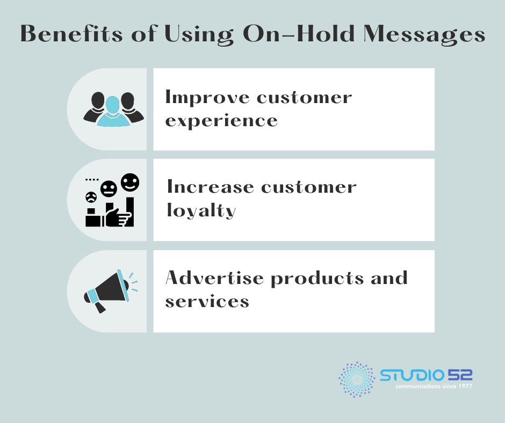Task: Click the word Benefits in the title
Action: [71, 33]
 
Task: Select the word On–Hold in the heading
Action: [299, 33]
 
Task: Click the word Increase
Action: [210, 186]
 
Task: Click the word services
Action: [207, 302]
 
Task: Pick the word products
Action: [317, 279]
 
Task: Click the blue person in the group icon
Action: [113, 111]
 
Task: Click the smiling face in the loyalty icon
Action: [130, 182]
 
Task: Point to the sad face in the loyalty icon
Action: [91, 197]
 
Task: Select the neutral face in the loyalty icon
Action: [109, 188]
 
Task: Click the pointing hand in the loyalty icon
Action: [117, 217]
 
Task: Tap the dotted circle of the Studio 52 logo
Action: [357, 380]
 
